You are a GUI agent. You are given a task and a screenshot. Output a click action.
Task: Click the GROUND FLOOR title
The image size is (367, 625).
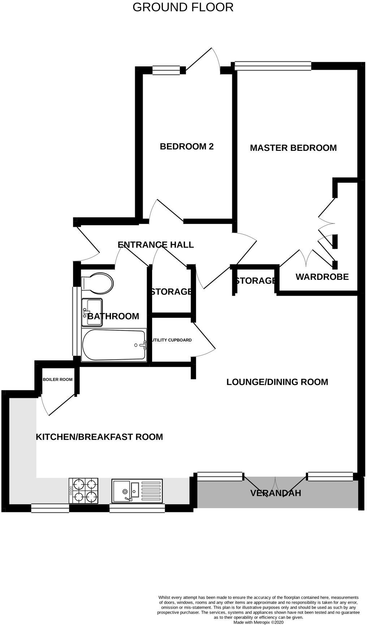click(183, 7)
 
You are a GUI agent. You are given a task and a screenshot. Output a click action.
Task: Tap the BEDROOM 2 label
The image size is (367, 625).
click(187, 146)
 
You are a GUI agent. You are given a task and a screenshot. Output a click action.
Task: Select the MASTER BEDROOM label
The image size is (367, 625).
click(293, 148)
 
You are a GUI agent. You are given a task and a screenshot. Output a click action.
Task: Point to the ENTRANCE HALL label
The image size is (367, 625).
click(156, 245)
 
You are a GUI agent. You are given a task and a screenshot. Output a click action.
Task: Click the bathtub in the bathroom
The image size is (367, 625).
click(114, 345)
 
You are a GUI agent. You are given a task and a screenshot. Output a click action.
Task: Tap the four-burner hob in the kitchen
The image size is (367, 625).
click(83, 491)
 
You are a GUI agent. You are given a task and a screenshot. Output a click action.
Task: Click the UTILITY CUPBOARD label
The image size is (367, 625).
click(172, 340)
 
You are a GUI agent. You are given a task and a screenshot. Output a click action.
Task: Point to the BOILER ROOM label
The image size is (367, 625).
click(58, 379)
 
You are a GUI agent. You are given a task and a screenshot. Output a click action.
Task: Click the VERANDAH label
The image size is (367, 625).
click(276, 493)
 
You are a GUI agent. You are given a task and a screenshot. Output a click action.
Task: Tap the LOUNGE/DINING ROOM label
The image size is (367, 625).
click(277, 382)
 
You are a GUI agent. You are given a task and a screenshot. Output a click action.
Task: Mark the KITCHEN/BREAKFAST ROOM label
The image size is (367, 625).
click(99, 437)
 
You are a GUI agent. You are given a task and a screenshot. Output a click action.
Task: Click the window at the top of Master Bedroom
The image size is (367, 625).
click(273, 65)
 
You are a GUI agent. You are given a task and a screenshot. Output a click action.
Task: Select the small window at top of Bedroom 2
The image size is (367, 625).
click(166, 70)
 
